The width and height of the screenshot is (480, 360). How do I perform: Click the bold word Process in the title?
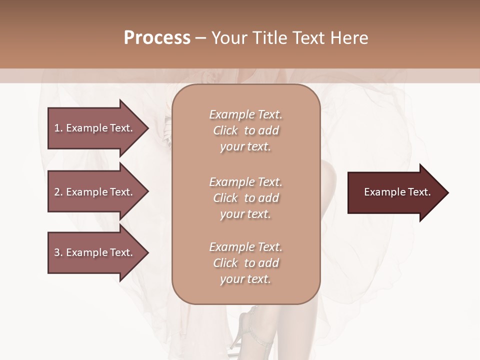(x=157, y=38)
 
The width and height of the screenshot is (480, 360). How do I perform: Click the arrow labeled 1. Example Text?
(x=95, y=128)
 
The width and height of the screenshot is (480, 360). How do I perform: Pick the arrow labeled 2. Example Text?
(x=95, y=192)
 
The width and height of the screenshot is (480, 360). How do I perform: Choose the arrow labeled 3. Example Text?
(x=95, y=252)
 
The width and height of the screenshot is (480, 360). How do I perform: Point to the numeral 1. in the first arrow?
(x=58, y=128)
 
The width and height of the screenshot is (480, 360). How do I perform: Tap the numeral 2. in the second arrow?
(x=58, y=192)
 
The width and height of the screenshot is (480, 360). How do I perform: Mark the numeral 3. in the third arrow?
(x=58, y=252)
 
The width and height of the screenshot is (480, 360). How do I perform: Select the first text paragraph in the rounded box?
(x=245, y=130)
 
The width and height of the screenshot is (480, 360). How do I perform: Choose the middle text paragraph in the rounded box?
(x=245, y=198)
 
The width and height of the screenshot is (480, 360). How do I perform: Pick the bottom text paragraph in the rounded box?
(x=245, y=263)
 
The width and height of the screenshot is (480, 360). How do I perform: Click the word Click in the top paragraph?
(x=225, y=130)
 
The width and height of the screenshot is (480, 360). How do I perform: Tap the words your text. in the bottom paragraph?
(x=245, y=279)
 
